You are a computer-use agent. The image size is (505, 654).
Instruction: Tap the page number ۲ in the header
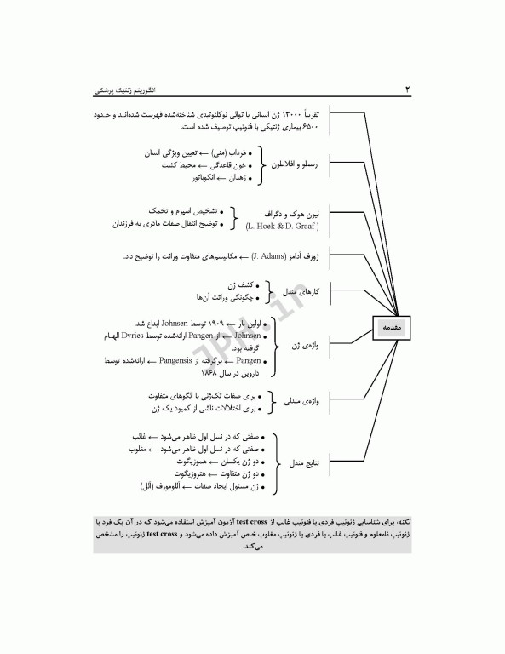point(406,89)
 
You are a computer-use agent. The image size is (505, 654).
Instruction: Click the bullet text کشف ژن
point(238,285)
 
